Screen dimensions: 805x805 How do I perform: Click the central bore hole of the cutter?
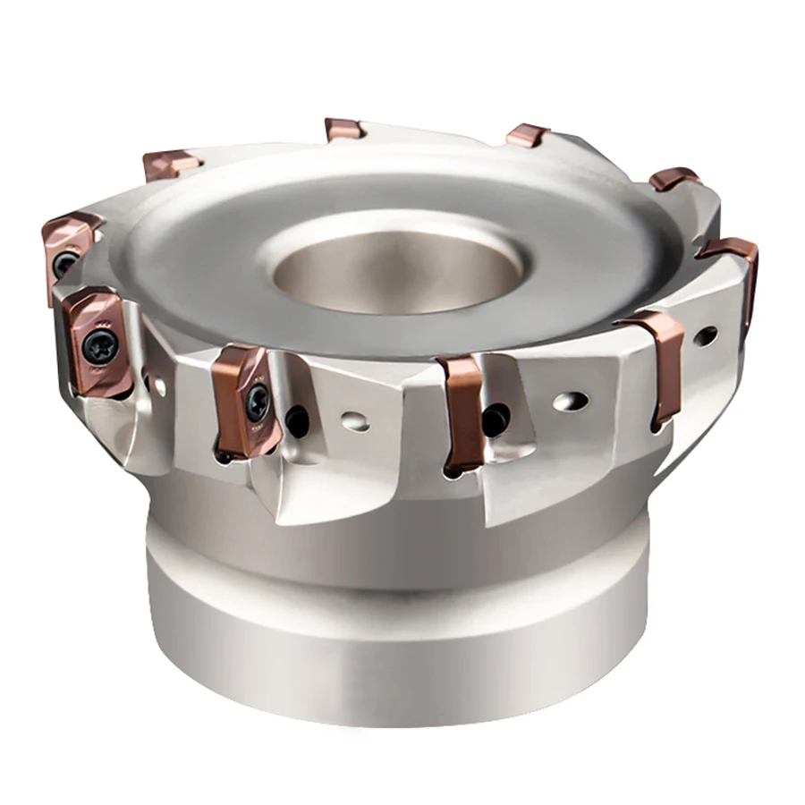(398, 268)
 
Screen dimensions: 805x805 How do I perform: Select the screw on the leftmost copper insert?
(63, 263)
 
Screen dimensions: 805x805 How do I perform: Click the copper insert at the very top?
(344, 129)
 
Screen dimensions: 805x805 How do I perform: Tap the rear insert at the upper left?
(170, 165)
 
